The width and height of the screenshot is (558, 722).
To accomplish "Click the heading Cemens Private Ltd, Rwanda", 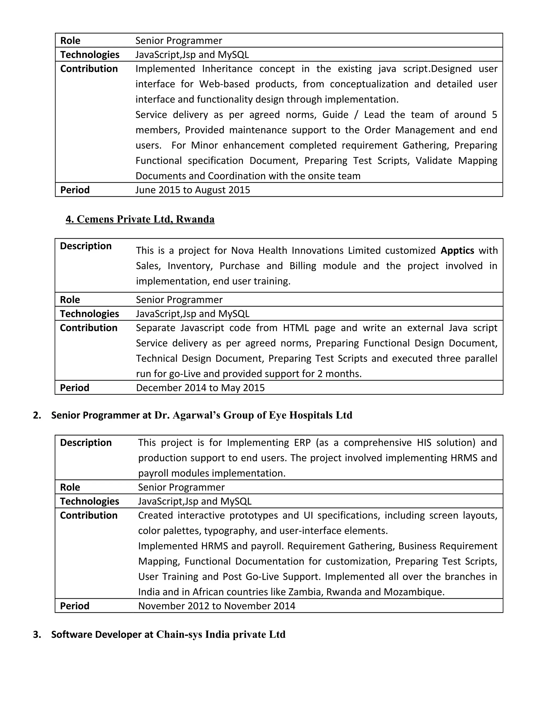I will coord(140,219).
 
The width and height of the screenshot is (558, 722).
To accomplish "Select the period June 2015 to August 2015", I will coord(192,190).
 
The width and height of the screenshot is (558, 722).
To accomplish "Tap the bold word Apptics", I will coord(457,251).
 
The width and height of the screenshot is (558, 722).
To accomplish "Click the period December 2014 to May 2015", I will coord(200,388).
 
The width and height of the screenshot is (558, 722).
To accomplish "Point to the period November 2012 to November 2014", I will coord(217,606).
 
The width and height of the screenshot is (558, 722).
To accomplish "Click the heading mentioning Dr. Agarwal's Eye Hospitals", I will coord(202,415).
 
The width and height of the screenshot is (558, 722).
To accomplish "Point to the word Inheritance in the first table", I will coord(227,69).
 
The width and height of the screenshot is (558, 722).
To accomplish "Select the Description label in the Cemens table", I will coord(86,246).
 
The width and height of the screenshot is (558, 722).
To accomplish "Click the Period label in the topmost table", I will coord(75,190).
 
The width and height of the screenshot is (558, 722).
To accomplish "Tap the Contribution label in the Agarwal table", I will coord(89,515).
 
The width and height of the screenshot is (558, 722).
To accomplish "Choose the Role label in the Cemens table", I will coord(70,300).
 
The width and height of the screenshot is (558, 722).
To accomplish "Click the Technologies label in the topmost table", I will coord(90,54).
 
